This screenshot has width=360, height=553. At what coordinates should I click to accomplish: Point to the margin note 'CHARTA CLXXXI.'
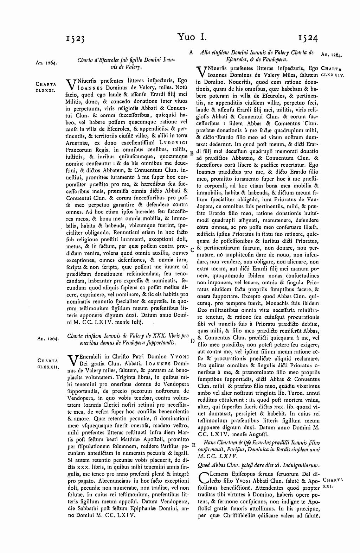[x=46, y=87]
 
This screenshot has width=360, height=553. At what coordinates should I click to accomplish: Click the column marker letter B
[x=192, y=154]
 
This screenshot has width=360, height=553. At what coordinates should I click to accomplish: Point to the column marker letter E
[x=193, y=445]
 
